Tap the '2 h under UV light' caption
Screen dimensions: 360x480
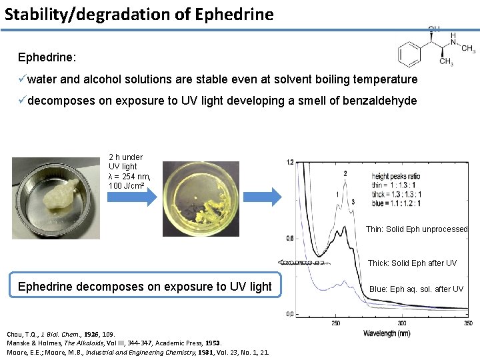[x=129, y=171]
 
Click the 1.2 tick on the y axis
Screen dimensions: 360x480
[x=290, y=162]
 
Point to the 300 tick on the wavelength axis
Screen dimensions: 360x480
[x=402, y=323]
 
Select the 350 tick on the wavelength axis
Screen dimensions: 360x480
[x=468, y=323]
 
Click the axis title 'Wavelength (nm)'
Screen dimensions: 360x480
[x=387, y=333]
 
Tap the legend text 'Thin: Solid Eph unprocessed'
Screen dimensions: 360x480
[x=417, y=229]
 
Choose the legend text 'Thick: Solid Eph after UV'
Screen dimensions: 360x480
[x=412, y=263]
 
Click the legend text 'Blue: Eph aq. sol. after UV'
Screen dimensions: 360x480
[x=417, y=289]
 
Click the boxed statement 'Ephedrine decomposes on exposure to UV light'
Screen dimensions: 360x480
[x=145, y=287]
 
